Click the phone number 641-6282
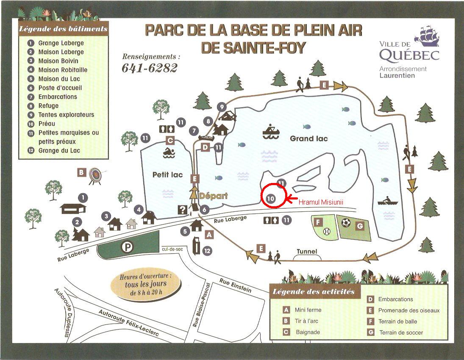150,68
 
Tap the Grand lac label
309,138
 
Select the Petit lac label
167,174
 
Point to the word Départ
214,196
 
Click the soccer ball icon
346,222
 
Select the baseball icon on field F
326,231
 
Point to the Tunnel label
307,252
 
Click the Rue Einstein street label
235,285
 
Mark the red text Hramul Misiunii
320,203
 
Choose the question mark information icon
183,209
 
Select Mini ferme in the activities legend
308,310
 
